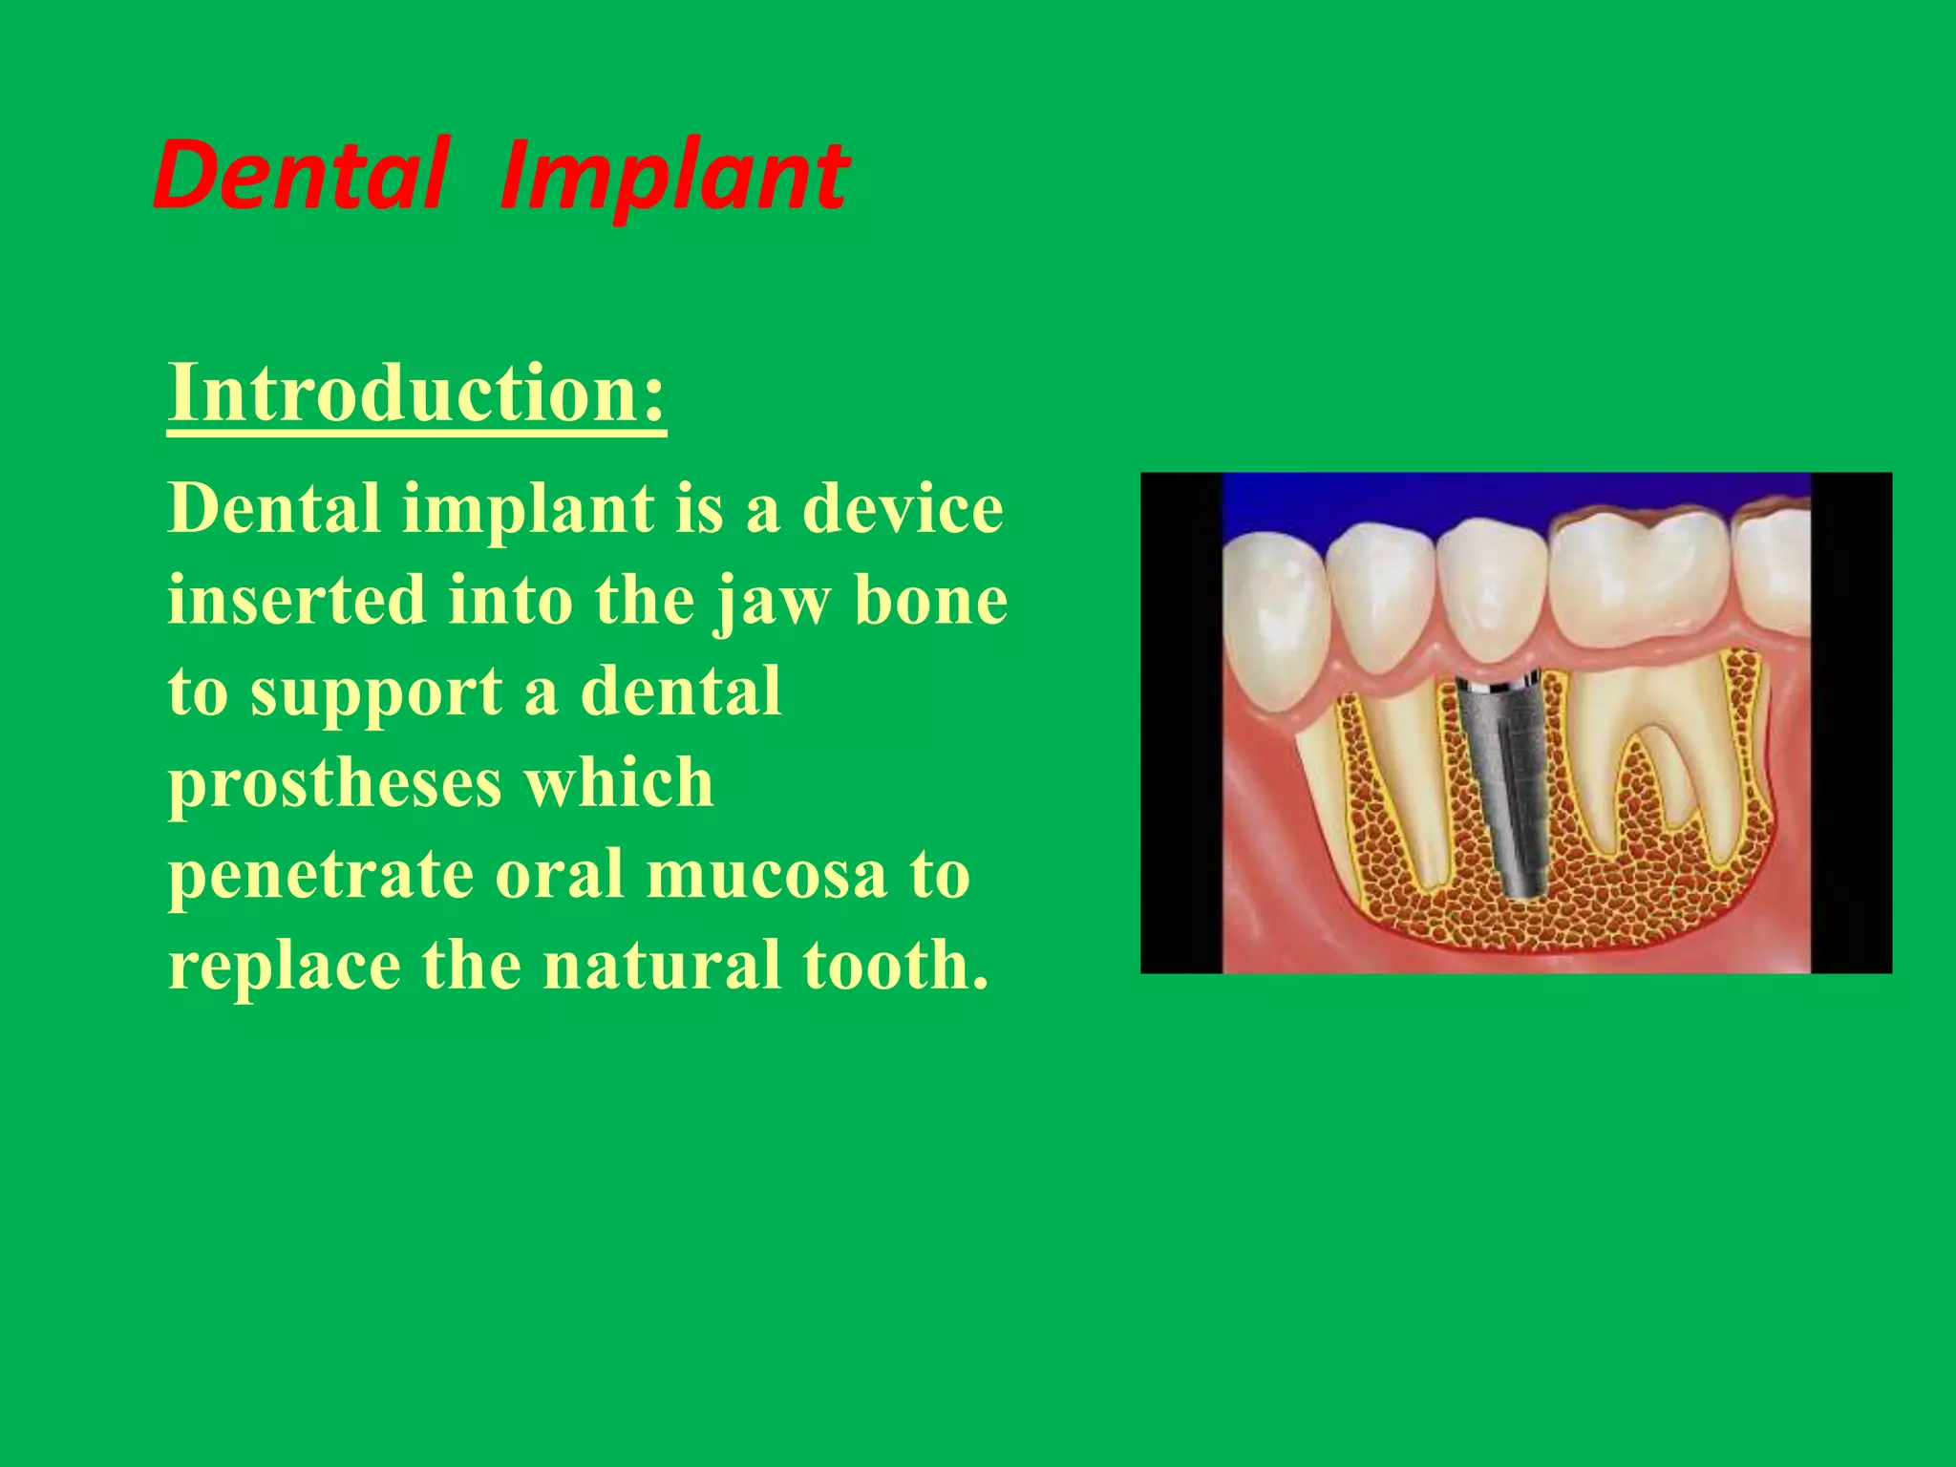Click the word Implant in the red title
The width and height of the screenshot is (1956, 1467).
(x=674, y=178)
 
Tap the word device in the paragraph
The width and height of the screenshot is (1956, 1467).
(x=903, y=508)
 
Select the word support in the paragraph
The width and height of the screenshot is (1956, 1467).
(x=375, y=693)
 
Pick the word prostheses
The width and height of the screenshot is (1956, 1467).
(x=334, y=783)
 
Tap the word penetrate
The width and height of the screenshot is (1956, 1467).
(x=321, y=875)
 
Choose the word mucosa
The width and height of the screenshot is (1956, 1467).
(x=767, y=875)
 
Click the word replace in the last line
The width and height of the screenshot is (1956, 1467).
(x=285, y=966)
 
